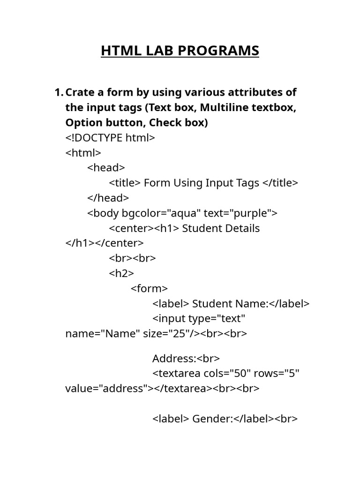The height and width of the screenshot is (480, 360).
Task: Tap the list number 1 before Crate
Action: pyautogui.click(x=59, y=92)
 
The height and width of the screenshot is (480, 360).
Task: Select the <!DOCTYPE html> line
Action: pyautogui.click(x=110, y=137)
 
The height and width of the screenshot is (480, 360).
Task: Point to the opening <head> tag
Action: pyautogui.click(x=106, y=168)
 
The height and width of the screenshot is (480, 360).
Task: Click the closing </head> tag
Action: pyautogui.click(x=108, y=198)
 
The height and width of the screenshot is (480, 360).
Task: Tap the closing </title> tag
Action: pyautogui.click(x=280, y=183)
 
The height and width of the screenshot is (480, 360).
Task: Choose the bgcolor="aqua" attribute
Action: pyautogui.click(x=161, y=213)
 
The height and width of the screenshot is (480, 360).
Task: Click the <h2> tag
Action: pyautogui.click(x=121, y=273)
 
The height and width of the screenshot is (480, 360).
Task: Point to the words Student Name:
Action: pyautogui.click(x=230, y=304)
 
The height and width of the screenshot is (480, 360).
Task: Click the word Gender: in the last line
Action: pyautogui.click(x=213, y=419)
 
